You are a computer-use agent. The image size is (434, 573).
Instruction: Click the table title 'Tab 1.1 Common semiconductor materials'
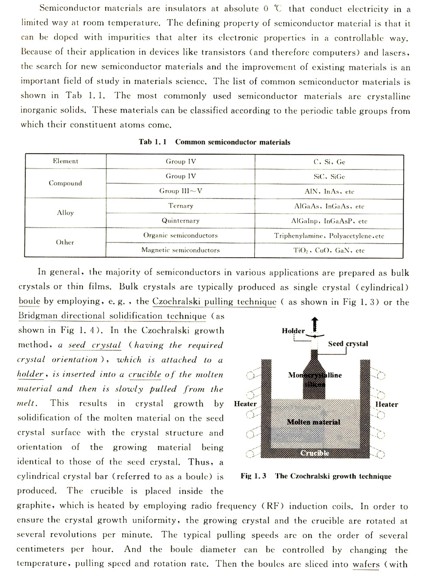click(x=214, y=142)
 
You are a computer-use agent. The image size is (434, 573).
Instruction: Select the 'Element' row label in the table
click(x=66, y=161)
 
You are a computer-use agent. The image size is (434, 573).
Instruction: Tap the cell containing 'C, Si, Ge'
click(x=329, y=162)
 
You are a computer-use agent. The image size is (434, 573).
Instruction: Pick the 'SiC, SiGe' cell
click(x=329, y=176)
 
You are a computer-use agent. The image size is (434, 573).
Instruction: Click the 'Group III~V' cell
click(x=181, y=191)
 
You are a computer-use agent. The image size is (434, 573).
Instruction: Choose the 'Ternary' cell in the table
click(x=181, y=206)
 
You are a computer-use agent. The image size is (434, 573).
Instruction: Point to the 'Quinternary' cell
click(x=181, y=221)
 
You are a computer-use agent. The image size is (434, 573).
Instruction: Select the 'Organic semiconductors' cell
click(x=181, y=235)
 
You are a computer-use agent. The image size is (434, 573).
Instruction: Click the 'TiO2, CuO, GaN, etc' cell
click(x=329, y=251)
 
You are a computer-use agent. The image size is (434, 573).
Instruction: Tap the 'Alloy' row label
click(x=66, y=213)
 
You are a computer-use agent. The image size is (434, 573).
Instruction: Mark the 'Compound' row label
click(x=66, y=183)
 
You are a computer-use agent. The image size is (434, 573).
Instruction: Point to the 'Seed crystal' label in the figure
click(x=348, y=344)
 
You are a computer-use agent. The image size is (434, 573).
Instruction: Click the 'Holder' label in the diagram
click(x=293, y=331)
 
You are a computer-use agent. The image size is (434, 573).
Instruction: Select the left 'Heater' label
click(x=245, y=404)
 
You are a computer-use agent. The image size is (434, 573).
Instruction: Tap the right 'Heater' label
click(x=386, y=404)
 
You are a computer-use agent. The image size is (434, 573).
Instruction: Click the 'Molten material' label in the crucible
click(x=313, y=422)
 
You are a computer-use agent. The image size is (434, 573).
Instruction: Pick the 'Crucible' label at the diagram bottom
click(x=315, y=453)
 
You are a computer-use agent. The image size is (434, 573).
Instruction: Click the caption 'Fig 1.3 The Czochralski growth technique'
click(x=316, y=476)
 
